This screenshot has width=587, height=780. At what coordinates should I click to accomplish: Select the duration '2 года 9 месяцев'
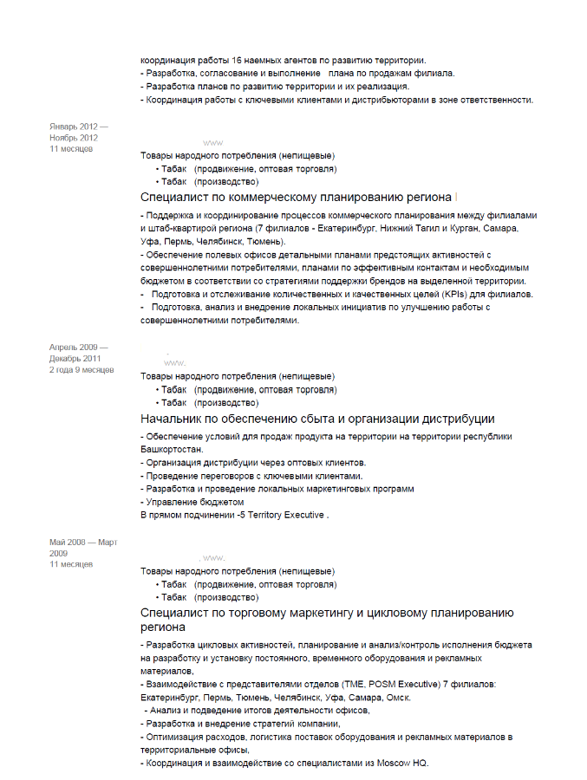(82, 370)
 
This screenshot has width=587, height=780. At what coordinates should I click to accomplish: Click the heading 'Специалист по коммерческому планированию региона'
(296, 198)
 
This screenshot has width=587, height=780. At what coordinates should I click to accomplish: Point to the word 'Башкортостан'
(171, 450)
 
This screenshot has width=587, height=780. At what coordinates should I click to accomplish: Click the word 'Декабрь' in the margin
(66, 358)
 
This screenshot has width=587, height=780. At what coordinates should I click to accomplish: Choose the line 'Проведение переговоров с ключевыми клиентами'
(251, 476)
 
